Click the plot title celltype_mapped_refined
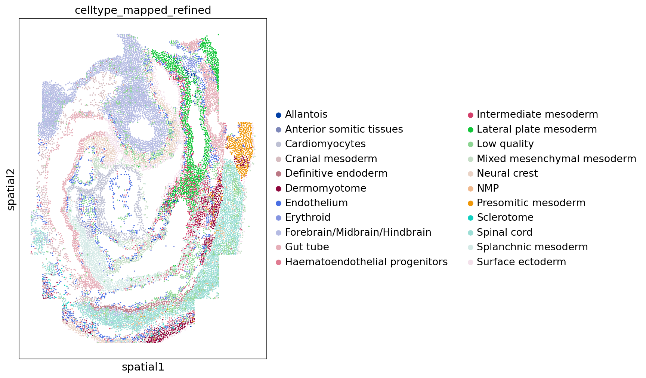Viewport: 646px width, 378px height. (x=143, y=10)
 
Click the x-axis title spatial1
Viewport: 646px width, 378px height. (x=143, y=367)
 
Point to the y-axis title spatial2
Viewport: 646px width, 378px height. (x=11, y=189)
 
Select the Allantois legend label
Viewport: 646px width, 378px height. (x=306, y=114)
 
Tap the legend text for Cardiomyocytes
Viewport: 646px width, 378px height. (x=325, y=144)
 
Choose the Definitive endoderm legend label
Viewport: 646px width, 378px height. (x=336, y=173)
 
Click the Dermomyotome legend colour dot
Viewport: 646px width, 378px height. (x=278, y=189)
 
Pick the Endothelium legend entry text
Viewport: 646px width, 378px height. (x=316, y=203)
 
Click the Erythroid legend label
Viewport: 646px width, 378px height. (x=308, y=217)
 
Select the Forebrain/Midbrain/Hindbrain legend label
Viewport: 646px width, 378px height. (x=358, y=232)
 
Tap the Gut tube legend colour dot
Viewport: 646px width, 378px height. (x=278, y=247)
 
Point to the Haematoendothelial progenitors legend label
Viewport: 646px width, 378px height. (x=366, y=262)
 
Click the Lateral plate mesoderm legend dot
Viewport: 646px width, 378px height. (x=470, y=130)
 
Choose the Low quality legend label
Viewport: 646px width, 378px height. (x=505, y=144)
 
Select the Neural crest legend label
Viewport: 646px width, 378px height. (x=507, y=173)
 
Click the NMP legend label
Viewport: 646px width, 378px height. (x=488, y=188)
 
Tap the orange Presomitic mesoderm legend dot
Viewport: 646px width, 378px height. (x=470, y=203)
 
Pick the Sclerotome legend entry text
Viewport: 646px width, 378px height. (x=505, y=217)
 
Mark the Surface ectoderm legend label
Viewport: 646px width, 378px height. (x=521, y=262)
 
